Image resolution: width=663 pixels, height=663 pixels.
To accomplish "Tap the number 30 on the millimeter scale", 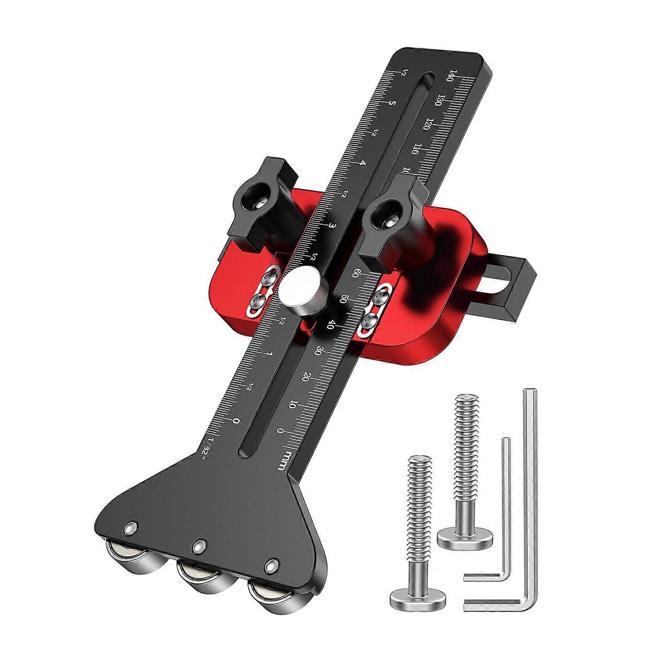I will (318, 351).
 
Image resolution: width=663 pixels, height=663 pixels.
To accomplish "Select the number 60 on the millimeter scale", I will (355, 274).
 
